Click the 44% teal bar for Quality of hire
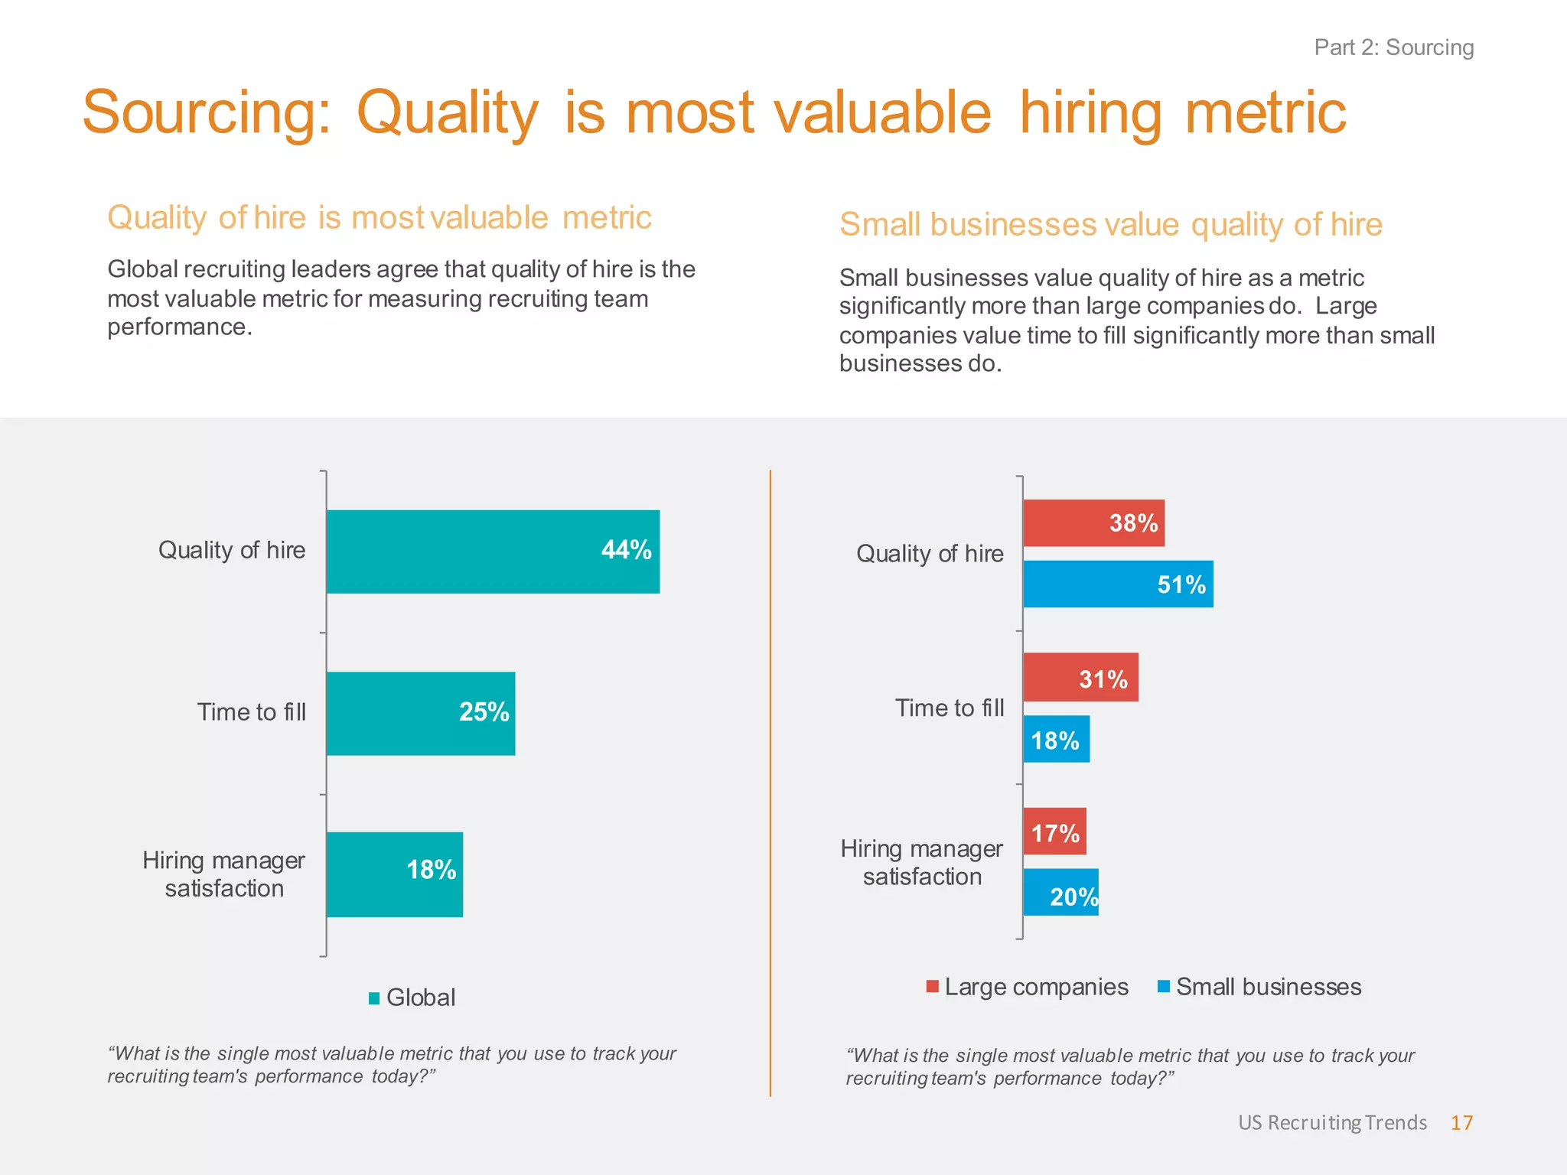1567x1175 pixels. (493, 552)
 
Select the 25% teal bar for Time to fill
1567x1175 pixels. (421, 713)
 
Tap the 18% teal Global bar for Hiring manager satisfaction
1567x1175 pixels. (395, 874)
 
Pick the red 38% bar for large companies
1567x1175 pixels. (1093, 523)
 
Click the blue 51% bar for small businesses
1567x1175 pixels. (1118, 584)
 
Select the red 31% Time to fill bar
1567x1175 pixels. (1080, 678)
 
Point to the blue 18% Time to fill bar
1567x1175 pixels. (1056, 740)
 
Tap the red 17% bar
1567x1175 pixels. (1054, 832)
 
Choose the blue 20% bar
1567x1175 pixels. (1060, 893)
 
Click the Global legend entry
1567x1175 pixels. (412, 998)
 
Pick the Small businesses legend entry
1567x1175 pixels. (1260, 987)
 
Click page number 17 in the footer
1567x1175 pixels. (1461, 1122)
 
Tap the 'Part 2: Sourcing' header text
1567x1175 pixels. (1393, 47)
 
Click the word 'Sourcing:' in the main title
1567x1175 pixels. (207, 112)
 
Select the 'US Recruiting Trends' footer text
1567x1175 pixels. (1332, 1122)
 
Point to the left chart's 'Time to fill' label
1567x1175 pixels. (252, 712)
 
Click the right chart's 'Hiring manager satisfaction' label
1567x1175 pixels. (922, 862)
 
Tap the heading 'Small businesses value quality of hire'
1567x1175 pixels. (1110, 225)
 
